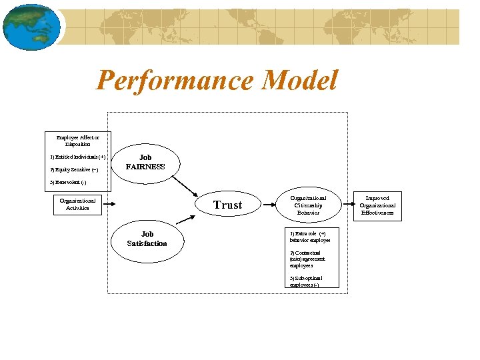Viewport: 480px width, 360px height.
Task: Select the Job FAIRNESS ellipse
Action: (x=145, y=163)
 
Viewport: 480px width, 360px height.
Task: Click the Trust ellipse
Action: (x=227, y=205)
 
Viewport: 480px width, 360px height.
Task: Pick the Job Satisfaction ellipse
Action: (x=147, y=239)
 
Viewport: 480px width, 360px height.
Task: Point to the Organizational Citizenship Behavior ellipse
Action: (x=308, y=205)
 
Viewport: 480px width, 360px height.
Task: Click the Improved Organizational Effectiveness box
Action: (x=377, y=205)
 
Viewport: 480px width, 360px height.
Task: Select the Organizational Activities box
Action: (x=77, y=204)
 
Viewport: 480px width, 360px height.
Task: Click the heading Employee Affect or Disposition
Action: (x=78, y=141)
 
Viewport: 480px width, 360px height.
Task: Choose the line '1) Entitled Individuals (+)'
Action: (x=78, y=157)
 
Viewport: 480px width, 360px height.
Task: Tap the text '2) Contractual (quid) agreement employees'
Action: (x=307, y=259)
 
